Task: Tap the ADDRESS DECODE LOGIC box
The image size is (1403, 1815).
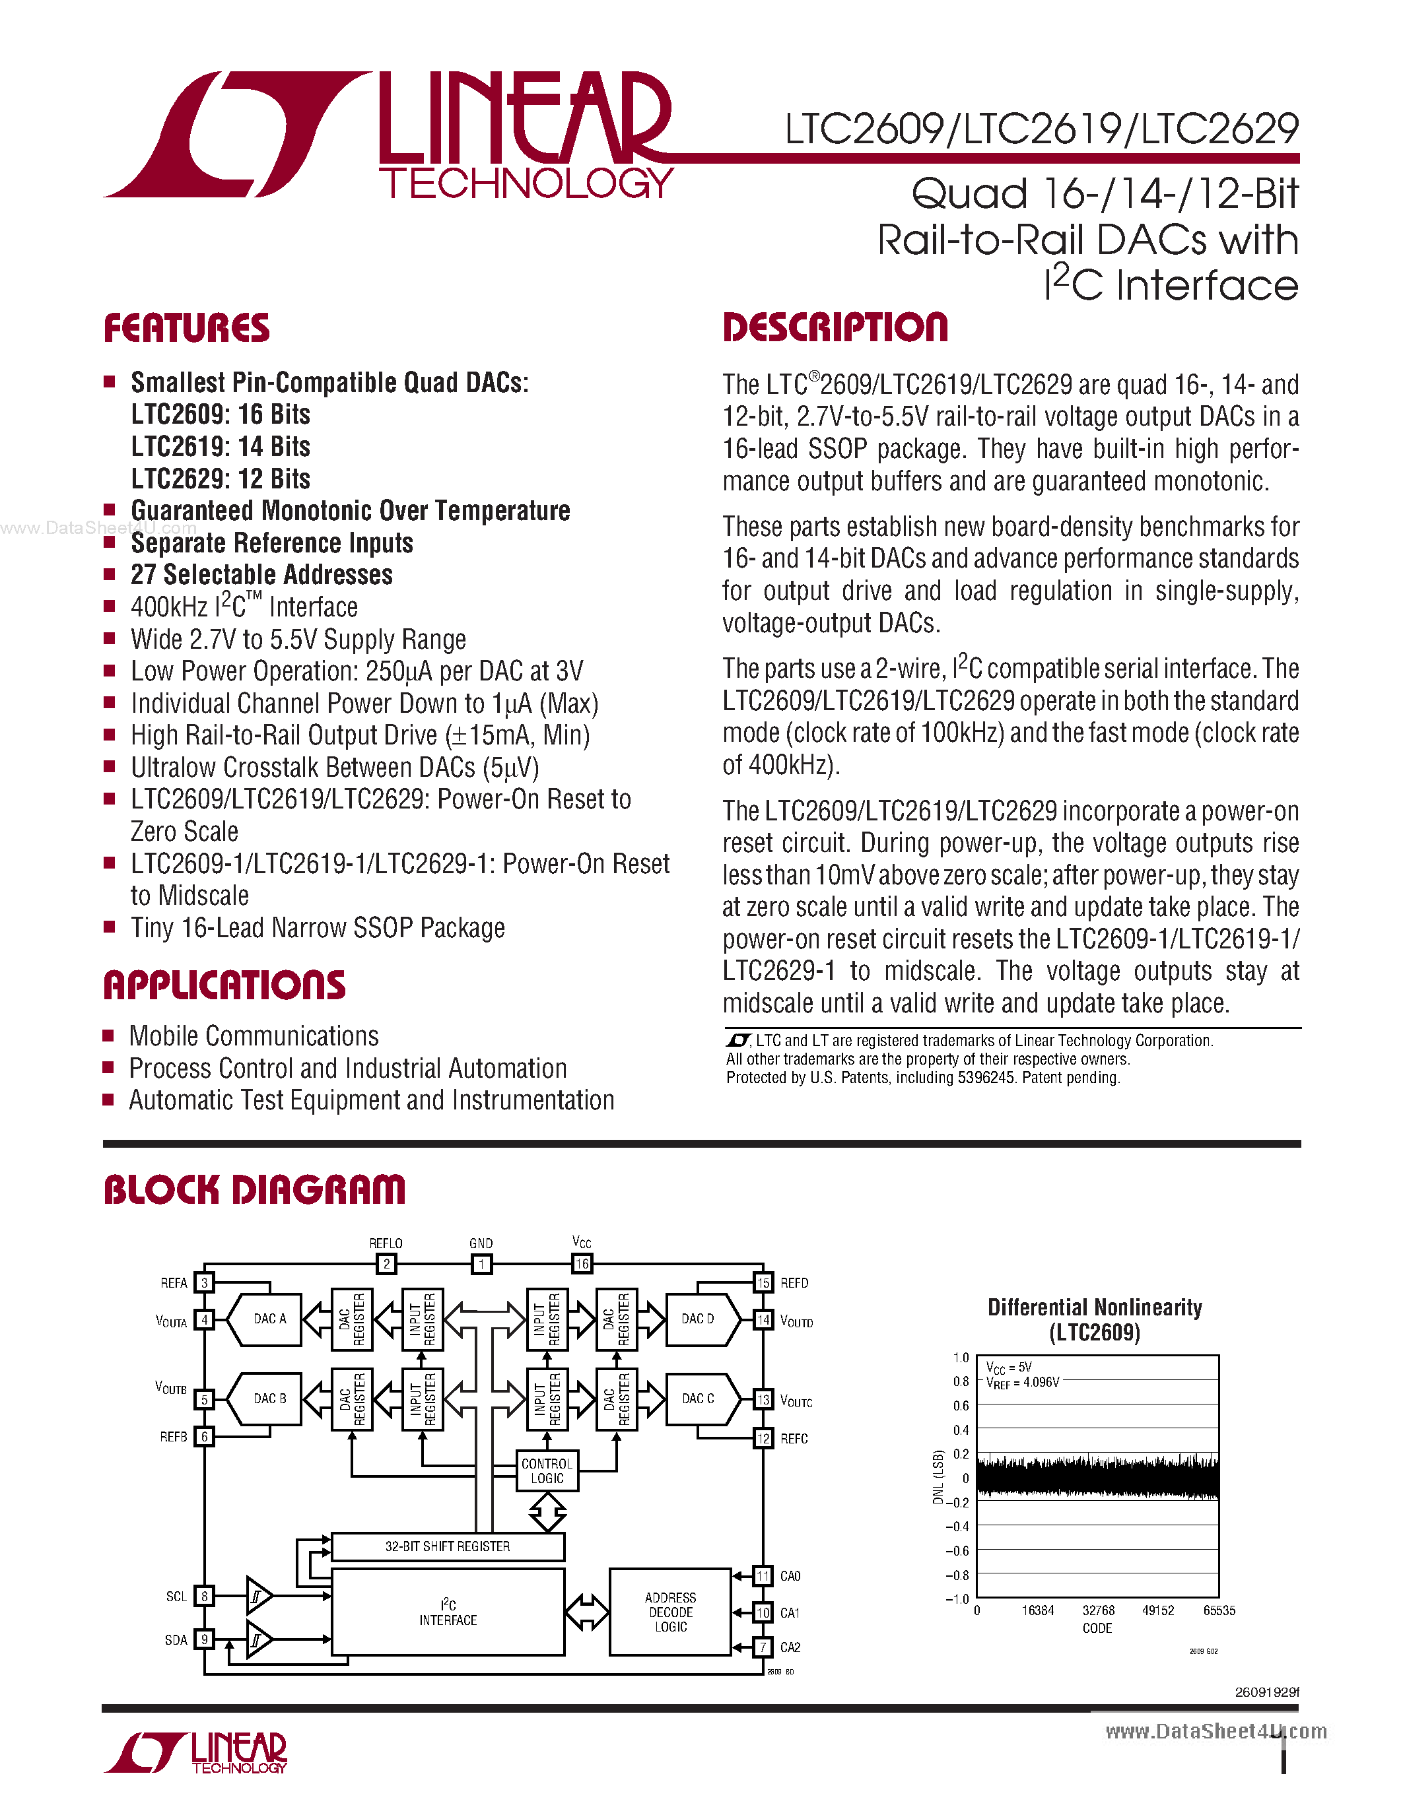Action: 670,1612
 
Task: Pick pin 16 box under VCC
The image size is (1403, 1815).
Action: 582,1264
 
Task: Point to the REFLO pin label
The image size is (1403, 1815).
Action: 386,1243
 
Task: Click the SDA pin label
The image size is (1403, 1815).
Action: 176,1639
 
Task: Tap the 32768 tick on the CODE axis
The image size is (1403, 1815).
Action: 1098,1610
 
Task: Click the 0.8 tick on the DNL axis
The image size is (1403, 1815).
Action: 961,1381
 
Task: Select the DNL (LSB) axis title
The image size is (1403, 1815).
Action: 938,1477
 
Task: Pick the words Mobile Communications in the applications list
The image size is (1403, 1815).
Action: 254,1036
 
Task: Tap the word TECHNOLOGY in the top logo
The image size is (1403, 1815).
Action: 526,183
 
